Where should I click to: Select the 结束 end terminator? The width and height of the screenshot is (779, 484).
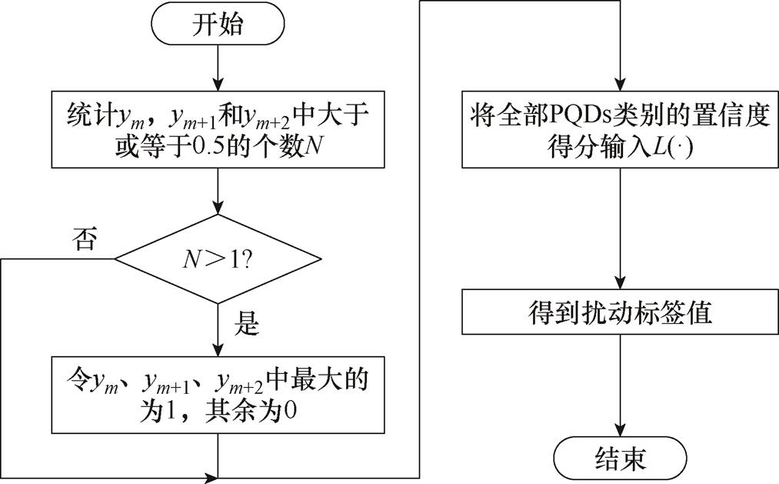620,459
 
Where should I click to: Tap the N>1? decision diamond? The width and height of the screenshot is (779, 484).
218,259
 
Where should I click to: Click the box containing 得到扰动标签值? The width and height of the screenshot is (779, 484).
620,313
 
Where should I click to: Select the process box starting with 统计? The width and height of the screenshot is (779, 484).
218,130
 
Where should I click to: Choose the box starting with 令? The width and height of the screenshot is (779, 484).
218,393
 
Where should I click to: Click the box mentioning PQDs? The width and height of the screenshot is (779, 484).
620,130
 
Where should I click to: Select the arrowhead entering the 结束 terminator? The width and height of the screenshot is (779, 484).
620,433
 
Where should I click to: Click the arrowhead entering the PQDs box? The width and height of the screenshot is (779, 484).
620,86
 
